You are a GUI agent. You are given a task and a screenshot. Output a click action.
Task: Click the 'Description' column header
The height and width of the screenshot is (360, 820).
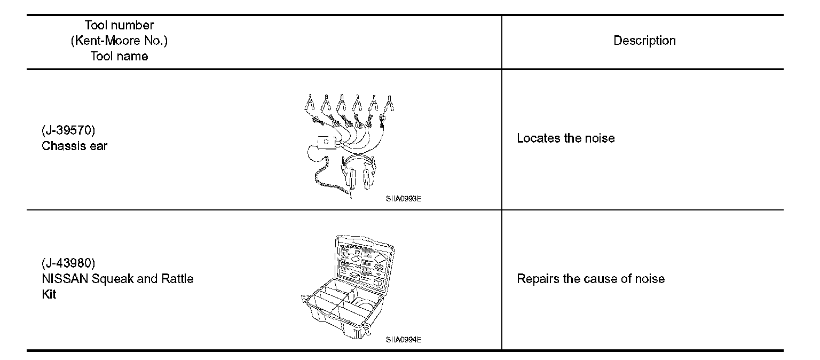point(644,41)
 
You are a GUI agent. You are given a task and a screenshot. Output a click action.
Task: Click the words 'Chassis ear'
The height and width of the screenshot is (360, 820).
point(75,146)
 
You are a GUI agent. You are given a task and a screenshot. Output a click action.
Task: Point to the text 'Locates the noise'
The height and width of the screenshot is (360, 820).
point(565,138)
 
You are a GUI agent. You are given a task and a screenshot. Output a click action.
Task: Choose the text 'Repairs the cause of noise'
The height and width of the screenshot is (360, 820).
point(590,279)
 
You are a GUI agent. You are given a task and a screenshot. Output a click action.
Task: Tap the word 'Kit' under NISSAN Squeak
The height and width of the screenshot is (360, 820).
point(49,294)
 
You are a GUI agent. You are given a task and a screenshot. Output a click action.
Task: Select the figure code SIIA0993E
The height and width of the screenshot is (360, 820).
point(400,199)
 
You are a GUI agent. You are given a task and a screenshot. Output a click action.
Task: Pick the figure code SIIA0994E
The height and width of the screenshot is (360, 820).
point(400,340)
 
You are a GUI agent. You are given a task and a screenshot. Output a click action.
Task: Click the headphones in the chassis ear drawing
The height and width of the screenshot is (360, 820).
point(359,171)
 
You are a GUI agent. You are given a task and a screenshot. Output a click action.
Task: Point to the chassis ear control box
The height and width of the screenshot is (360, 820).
point(326,143)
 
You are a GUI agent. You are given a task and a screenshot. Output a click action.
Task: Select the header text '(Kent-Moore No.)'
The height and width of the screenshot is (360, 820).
point(119,41)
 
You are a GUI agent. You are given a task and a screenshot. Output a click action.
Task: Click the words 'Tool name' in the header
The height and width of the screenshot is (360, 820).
point(119,56)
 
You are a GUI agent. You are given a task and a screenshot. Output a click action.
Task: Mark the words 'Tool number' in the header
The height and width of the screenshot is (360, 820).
point(119,26)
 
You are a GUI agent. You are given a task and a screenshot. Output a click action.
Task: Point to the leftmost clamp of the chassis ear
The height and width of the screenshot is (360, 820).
point(309,101)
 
